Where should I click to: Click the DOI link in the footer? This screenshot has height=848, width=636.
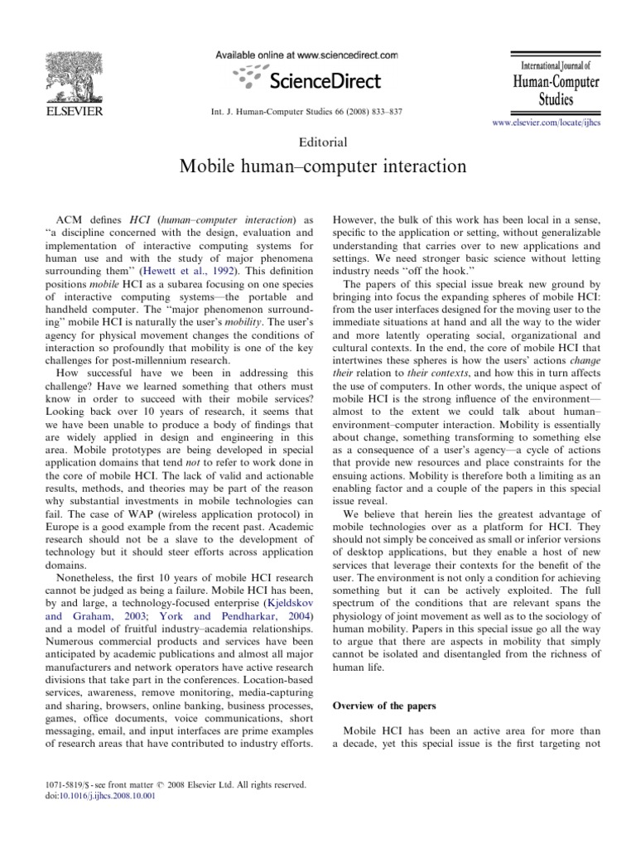pyautogui.click(x=90, y=796)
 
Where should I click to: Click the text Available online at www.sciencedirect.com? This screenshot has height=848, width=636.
pyautogui.click(x=307, y=55)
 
